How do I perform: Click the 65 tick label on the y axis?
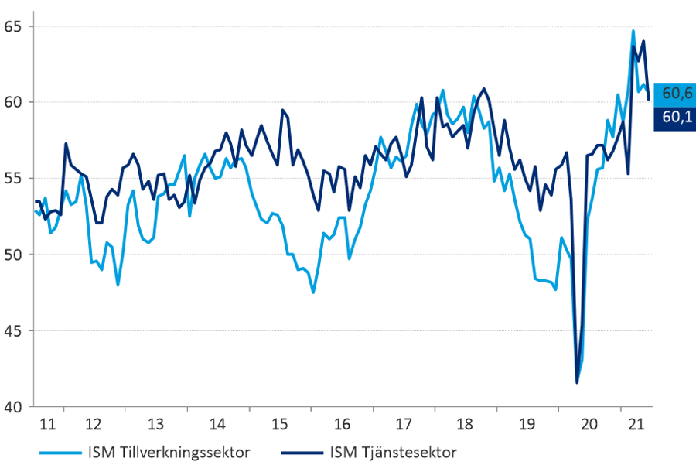12,26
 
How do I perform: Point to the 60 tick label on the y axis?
12,102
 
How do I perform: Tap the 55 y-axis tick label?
12,179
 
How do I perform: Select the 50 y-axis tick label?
12,255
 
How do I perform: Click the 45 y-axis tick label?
12,331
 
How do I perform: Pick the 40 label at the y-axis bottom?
12,407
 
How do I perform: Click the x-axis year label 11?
48,424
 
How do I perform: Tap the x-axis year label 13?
155,424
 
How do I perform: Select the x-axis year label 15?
280,424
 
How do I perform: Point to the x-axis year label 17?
404,424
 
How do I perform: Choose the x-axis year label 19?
527,424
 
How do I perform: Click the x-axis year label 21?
636,424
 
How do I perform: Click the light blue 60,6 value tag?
674,94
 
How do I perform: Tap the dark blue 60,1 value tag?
674,118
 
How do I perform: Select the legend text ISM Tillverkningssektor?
169,453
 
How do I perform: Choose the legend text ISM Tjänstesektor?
393,453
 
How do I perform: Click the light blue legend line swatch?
61,453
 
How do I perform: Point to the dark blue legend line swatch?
302,453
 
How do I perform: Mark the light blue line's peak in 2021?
633,31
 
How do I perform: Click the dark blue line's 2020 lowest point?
577,382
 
